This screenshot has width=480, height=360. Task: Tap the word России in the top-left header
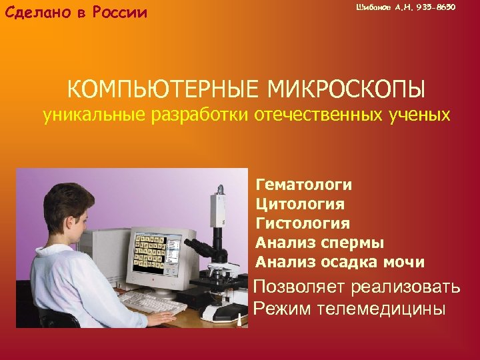click(116, 13)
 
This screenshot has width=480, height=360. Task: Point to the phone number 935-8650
click(437, 7)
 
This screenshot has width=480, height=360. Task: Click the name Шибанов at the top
click(371, 7)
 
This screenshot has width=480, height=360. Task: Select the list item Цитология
click(300, 203)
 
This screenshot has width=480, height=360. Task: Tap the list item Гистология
click(303, 223)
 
